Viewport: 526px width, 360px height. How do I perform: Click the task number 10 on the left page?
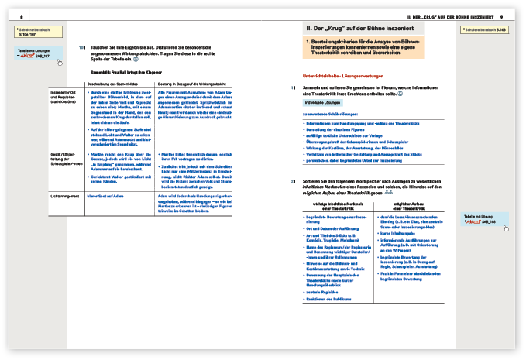pos(81,48)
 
